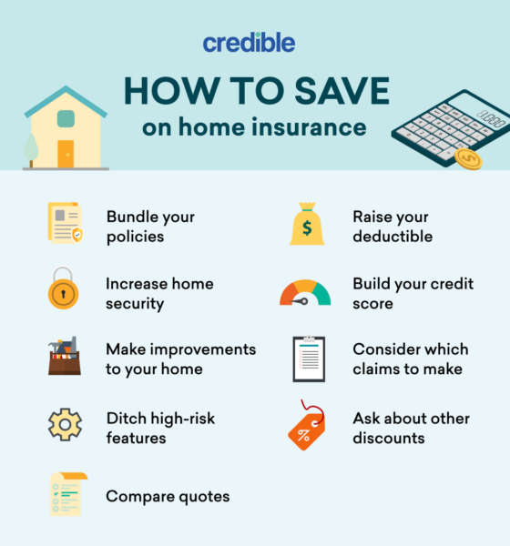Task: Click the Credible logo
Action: (249, 43)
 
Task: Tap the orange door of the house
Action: (66, 154)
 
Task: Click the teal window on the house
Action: (66, 118)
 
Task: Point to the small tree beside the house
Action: (31, 150)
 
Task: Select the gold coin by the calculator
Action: (468, 158)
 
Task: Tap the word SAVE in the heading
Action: (342, 91)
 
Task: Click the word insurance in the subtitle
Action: (309, 126)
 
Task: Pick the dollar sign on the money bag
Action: (307, 228)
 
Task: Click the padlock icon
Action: (63, 288)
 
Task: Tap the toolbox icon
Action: (65, 356)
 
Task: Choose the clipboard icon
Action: (309, 359)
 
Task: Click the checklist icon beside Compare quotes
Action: (68, 494)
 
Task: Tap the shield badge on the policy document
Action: (77, 235)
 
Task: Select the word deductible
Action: (393, 237)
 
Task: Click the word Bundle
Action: (131, 217)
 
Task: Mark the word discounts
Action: (389, 438)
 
